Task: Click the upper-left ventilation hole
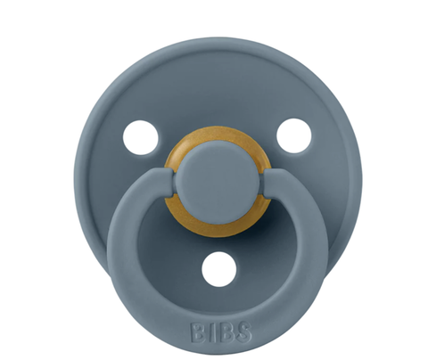click(x=140, y=136)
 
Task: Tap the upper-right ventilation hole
click(x=292, y=136)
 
